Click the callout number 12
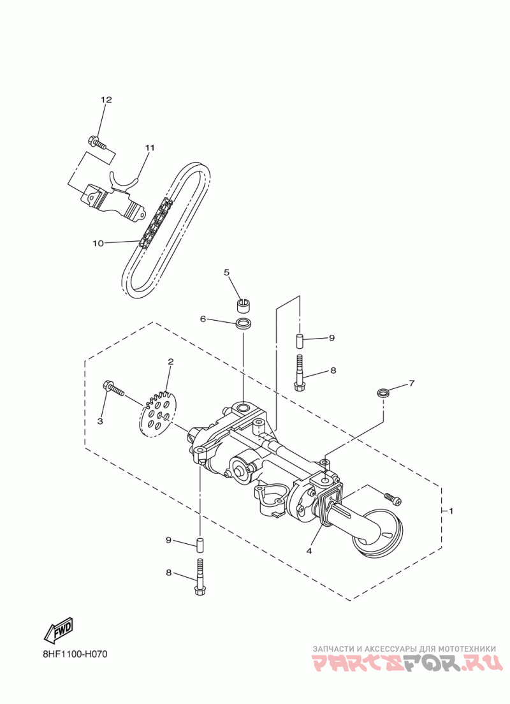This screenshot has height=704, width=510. point(106,100)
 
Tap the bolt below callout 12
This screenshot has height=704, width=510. point(95,141)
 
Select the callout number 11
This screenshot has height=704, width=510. point(150,148)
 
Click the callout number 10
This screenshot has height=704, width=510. point(98,243)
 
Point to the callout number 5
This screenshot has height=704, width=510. point(226,272)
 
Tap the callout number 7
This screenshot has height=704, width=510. point(412,383)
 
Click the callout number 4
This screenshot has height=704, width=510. point(309,551)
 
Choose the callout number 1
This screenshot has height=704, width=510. point(451,511)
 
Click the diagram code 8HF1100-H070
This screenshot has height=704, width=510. point(80,654)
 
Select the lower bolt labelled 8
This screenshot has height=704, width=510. point(199,575)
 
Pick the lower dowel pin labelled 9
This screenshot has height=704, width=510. point(200,546)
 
